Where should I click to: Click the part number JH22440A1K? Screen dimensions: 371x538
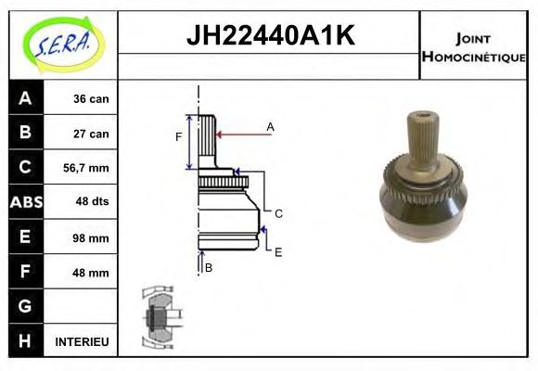[270, 36]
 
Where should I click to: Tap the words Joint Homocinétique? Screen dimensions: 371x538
[475, 47]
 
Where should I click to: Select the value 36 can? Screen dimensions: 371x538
[92, 99]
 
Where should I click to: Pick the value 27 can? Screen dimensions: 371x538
[92, 134]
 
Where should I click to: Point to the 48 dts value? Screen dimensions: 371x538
[92, 202]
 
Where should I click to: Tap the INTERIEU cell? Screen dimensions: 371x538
[83, 341]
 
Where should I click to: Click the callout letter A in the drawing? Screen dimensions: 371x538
[271, 126]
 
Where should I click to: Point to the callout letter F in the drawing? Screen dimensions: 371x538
[178, 139]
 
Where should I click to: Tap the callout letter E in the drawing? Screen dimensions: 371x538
[278, 250]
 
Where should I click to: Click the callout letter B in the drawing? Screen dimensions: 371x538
[209, 268]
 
